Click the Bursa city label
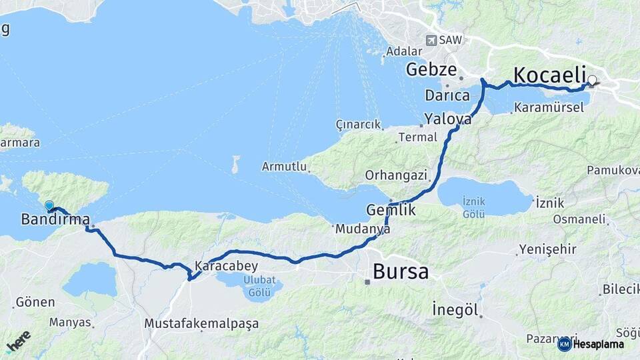coord(401,271)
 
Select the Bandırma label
coord(55,219)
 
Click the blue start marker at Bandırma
coord(49,206)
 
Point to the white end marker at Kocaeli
coord(591,81)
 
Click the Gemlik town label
coord(391,210)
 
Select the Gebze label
coord(431,69)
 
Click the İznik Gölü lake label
coord(474,207)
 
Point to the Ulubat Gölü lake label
coord(250,287)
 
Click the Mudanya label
coord(362,229)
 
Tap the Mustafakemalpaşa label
coord(201,323)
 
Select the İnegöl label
coord(456,309)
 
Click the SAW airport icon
coord(431,41)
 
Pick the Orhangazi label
coord(395,175)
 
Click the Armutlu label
coord(284,166)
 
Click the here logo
coord(18,341)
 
